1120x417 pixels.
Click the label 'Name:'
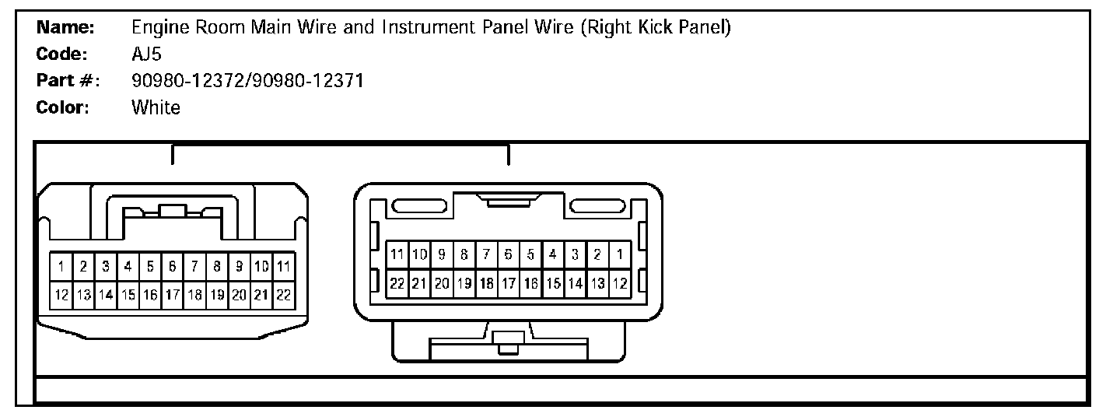click(x=66, y=28)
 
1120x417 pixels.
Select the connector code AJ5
click(x=148, y=54)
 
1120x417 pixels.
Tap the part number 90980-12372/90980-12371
click(x=247, y=81)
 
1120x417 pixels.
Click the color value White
click(x=156, y=107)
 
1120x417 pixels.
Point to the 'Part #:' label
click(x=68, y=81)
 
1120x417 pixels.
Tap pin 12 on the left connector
click(x=61, y=295)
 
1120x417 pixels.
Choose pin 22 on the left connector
click(x=284, y=295)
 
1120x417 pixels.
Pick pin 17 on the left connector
click(x=173, y=295)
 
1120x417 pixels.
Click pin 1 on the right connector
click(x=619, y=254)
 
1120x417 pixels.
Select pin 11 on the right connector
click(x=397, y=254)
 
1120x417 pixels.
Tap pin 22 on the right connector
click(x=397, y=283)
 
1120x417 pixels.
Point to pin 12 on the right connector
click(x=619, y=283)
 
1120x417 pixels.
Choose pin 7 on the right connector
click(x=486, y=254)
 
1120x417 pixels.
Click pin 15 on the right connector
click(x=553, y=283)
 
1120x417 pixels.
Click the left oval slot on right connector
click(x=418, y=207)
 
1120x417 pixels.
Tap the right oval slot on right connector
click(x=598, y=207)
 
